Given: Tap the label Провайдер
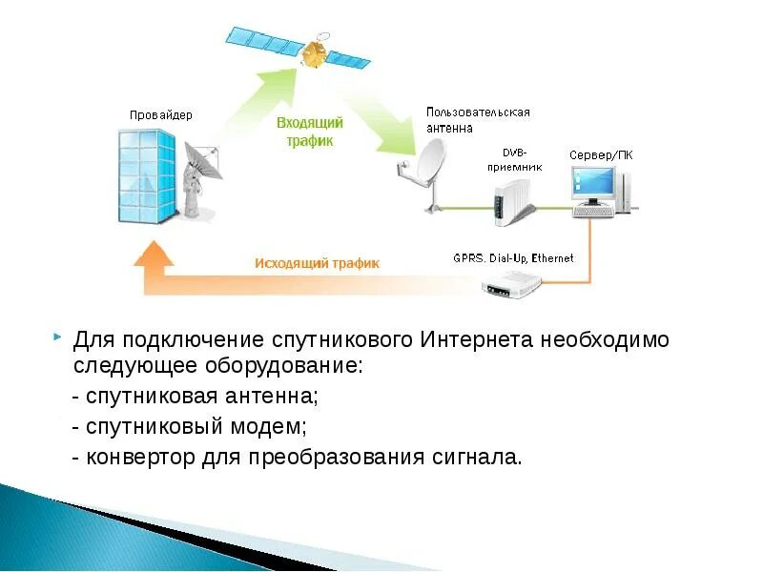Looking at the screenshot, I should pyautogui.click(x=161, y=115).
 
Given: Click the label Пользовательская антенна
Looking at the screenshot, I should pyautogui.click(x=477, y=119).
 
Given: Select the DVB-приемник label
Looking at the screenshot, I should pyautogui.click(x=515, y=158).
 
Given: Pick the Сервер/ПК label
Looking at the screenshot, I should pyautogui.click(x=600, y=154).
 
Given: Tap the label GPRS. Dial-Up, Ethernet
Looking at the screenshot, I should pyautogui.click(x=514, y=258).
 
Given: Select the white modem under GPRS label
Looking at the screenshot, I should pyautogui.click(x=512, y=282).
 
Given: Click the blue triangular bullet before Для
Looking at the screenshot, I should pyautogui.click(x=59, y=337).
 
